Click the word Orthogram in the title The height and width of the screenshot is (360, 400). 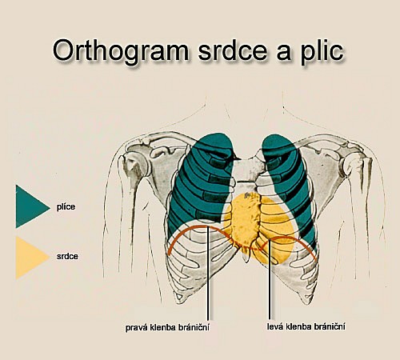coord(121,50)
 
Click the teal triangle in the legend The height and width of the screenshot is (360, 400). coord(30,206)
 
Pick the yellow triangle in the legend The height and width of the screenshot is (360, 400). coord(30,258)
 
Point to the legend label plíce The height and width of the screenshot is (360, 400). coord(66,207)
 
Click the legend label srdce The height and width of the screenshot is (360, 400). coord(67,257)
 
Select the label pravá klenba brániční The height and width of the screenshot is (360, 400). coord(167,327)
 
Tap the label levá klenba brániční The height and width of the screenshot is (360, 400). coord(306,326)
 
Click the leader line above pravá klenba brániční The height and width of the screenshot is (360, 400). coord(208,273)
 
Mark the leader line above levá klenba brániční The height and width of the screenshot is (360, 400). coord(270,279)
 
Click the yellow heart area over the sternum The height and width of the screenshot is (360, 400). coord(256,226)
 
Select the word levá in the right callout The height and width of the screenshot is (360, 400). coord(275,326)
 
